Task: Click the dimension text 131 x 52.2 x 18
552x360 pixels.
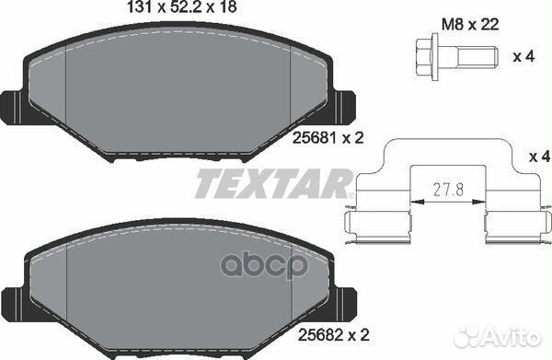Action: (181, 7)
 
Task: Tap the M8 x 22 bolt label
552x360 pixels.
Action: (470, 25)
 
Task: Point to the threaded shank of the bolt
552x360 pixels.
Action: (477, 57)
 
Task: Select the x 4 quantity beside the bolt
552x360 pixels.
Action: (524, 56)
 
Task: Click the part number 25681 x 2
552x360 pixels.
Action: (328, 138)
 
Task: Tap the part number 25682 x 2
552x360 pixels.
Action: (334, 335)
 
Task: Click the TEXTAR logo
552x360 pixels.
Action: (274, 183)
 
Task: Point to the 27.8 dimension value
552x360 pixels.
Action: (448, 191)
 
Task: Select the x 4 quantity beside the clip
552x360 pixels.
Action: (540, 157)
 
